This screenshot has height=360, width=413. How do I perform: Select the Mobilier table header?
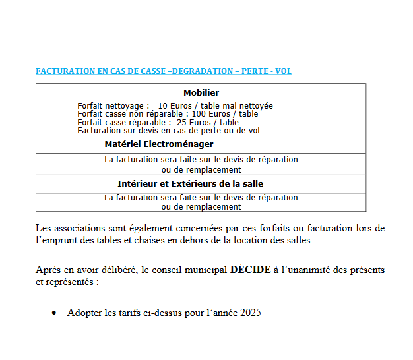coord(201,93)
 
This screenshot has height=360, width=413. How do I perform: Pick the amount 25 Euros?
coord(192,122)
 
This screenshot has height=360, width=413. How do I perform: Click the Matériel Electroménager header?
coord(159,144)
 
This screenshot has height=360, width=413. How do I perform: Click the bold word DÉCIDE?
coord(250,270)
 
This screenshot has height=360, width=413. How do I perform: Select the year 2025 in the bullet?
coord(251,313)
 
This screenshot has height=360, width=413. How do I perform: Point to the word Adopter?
coord(83,313)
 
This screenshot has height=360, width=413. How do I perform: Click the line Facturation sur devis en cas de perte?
coord(168,130)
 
